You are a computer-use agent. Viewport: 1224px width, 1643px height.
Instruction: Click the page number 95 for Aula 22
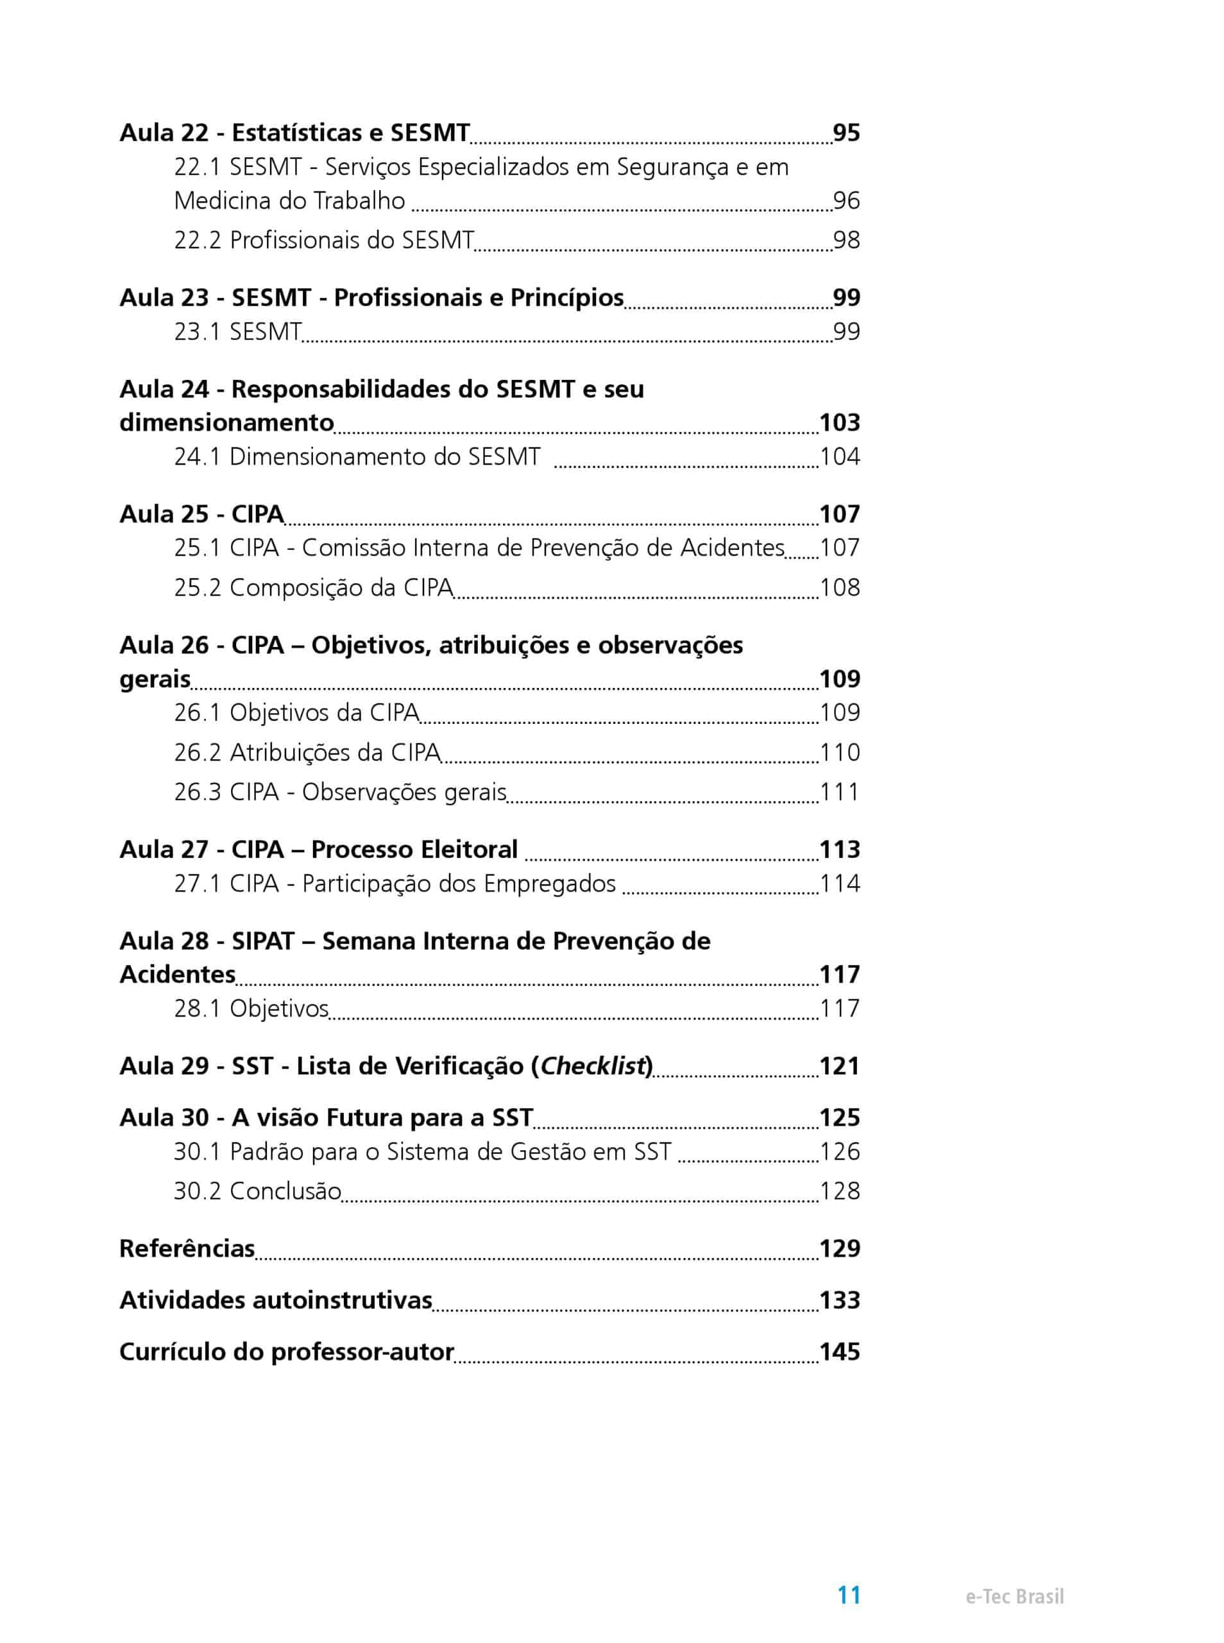(x=846, y=133)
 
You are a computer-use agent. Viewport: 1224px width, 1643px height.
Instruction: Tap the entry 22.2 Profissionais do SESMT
(x=324, y=240)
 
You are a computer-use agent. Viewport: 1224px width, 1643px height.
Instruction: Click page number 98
(x=846, y=240)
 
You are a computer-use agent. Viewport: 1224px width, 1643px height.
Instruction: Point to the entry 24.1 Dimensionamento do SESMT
(x=357, y=456)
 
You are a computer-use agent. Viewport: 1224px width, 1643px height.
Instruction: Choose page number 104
(x=840, y=456)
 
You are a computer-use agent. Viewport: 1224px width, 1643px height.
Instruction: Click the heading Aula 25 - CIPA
(x=201, y=513)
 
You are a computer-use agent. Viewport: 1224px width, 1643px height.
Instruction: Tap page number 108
(x=840, y=588)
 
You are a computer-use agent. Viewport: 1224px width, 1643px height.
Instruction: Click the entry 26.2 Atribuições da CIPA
(x=307, y=752)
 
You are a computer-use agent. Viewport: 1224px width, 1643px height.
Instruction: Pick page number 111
(x=840, y=792)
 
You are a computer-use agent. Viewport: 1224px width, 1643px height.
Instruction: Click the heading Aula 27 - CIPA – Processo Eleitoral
(x=319, y=849)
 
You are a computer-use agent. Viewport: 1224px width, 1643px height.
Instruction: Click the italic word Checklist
(x=593, y=1065)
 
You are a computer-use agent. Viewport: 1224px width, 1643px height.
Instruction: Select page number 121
(x=840, y=1065)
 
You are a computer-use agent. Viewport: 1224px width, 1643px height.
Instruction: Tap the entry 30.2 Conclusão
(x=257, y=1191)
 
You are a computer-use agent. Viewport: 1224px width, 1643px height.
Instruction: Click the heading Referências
(x=187, y=1248)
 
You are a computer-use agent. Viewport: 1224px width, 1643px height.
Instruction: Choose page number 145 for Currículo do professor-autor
(x=840, y=1351)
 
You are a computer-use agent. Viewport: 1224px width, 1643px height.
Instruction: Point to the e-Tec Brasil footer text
(x=1014, y=1597)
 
